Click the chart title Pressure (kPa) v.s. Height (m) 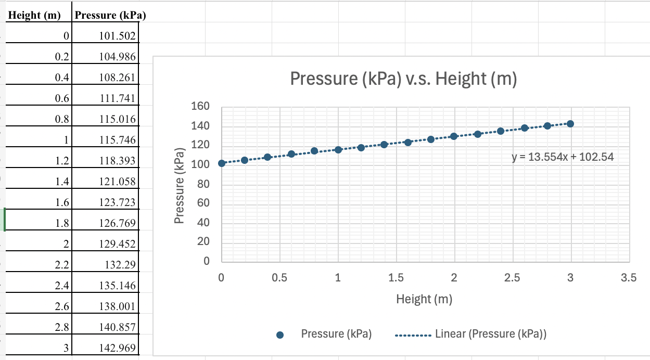(403, 79)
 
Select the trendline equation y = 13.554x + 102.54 (563, 157)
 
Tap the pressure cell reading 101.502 (117, 36)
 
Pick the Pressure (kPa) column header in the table (110, 15)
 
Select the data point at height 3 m (570, 124)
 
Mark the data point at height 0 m (222, 163)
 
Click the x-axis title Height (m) (424, 299)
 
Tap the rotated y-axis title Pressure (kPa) (180, 186)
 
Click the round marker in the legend (280, 335)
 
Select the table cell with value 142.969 (117, 348)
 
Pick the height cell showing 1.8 (62, 223)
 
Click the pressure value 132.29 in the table (120, 265)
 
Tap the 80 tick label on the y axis (203, 185)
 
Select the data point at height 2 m (454, 136)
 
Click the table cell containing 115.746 (117, 140)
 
